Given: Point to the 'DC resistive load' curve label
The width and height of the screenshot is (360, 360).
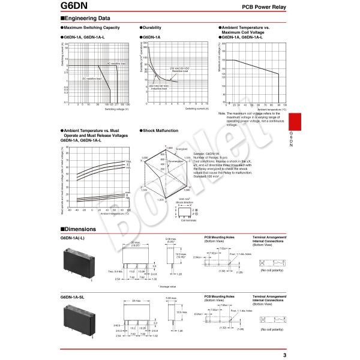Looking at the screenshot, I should tap(92, 79).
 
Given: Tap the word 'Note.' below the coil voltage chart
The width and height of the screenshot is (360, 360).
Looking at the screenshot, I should tap(222, 113).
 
